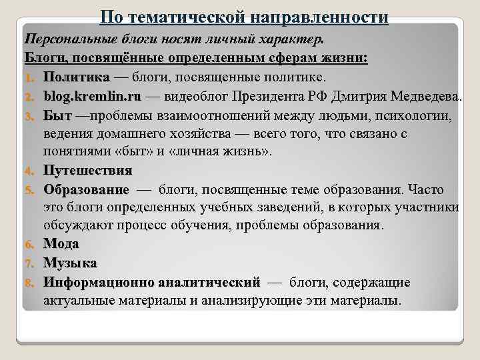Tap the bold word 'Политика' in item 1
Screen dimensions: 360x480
(73, 77)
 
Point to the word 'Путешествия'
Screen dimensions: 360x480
(87, 171)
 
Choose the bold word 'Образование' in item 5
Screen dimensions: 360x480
(86, 189)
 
